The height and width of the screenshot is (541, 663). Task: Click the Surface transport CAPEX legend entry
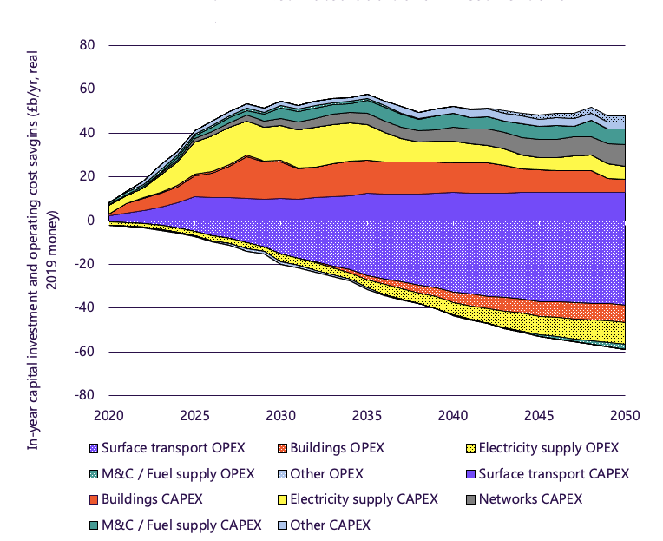pyautogui.click(x=550, y=473)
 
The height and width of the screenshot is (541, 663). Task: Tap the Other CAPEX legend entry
pyautogui.click(x=329, y=525)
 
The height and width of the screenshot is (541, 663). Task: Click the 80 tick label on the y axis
pyautogui.click(x=87, y=45)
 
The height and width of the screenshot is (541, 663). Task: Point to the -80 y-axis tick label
pyautogui.click(x=84, y=395)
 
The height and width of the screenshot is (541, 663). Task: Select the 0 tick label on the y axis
pyautogui.click(x=90, y=221)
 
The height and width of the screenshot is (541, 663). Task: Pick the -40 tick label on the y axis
pyautogui.click(x=84, y=308)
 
